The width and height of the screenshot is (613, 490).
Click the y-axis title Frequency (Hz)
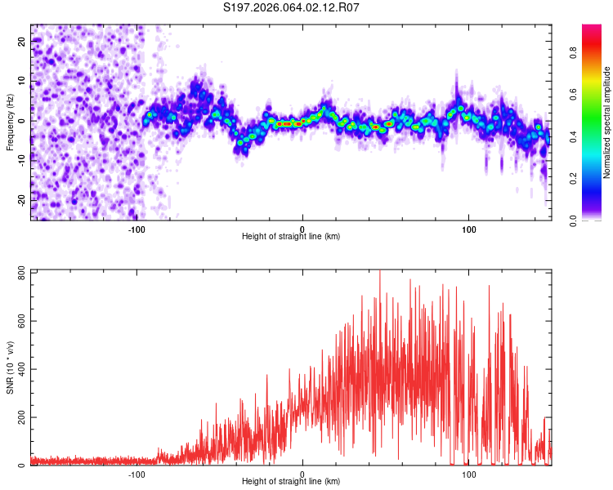[x=10, y=122]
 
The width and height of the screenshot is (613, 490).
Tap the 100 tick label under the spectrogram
[x=468, y=229]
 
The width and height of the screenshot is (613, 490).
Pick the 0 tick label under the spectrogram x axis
[x=302, y=229]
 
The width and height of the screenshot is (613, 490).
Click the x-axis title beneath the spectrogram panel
[x=291, y=237]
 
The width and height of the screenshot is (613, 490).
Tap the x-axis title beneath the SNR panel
[x=291, y=482]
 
